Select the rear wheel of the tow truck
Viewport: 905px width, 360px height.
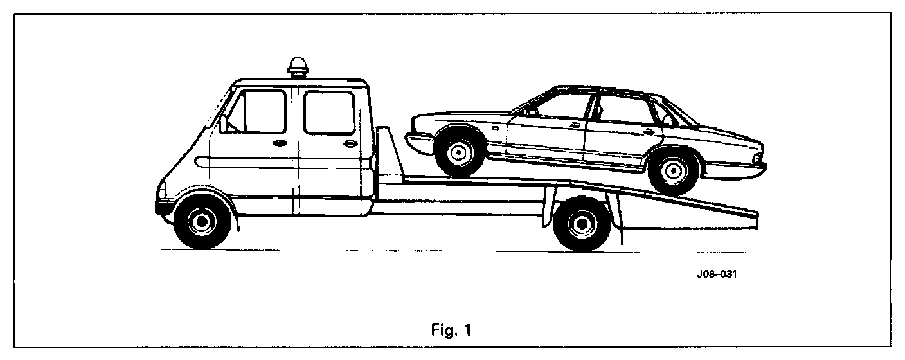(581, 224)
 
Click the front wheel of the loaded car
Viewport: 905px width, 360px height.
(458, 152)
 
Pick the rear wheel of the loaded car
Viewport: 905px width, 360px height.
(672, 170)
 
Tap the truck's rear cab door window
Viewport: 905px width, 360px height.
(329, 112)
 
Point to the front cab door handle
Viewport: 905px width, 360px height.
(280, 143)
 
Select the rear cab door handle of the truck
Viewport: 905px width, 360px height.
(350, 144)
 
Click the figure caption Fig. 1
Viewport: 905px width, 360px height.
(452, 332)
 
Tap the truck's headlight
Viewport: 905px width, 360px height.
(163, 190)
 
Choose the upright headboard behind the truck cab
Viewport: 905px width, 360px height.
(386, 154)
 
